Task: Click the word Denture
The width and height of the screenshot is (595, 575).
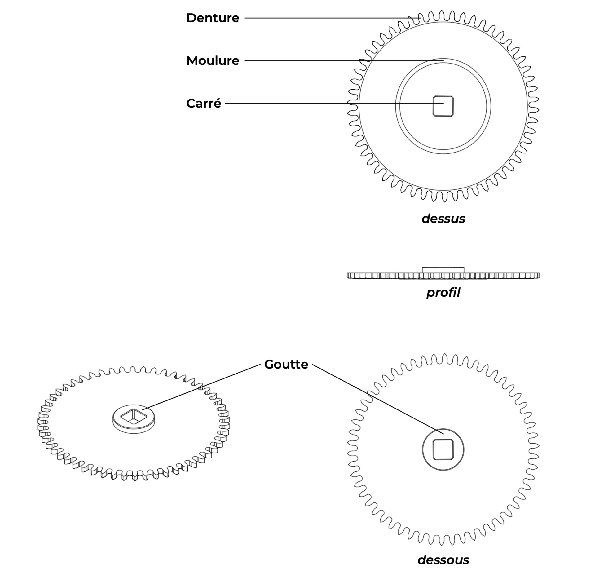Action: (x=213, y=18)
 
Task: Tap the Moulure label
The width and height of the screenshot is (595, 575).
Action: (x=213, y=61)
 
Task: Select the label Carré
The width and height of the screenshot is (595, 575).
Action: (x=204, y=103)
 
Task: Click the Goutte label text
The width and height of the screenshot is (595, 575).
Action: (x=286, y=365)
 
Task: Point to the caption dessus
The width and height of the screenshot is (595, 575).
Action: (x=443, y=219)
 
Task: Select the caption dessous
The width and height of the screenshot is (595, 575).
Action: (x=443, y=560)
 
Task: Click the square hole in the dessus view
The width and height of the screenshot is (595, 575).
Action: (x=443, y=106)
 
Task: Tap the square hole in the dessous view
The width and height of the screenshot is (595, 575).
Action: (x=443, y=449)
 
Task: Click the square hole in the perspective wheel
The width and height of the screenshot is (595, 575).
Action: (x=134, y=416)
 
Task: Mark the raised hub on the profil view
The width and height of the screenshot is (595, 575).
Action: (x=443, y=270)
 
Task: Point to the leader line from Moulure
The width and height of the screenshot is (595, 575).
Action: (x=344, y=61)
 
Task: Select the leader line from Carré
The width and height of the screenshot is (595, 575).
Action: (x=334, y=104)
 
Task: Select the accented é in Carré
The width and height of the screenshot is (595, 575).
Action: (x=218, y=103)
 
